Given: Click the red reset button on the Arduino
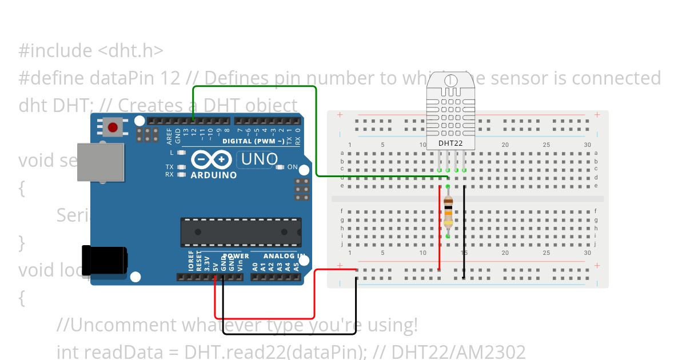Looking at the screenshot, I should [114, 127].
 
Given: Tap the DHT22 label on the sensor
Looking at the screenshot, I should [450, 143].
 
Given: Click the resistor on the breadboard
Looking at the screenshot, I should [448, 211].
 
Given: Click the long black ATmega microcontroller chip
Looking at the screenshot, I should [241, 231].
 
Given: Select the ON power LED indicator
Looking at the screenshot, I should [280, 167].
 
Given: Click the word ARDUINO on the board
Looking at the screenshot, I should [213, 175].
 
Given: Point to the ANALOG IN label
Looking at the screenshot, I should [284, 256].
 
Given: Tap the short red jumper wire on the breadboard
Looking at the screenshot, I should [439, 229].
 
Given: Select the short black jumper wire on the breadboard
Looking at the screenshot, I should [464, 231].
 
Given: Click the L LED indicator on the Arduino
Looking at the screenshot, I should [181, 153].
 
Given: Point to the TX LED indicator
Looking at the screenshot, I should [181, 167].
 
